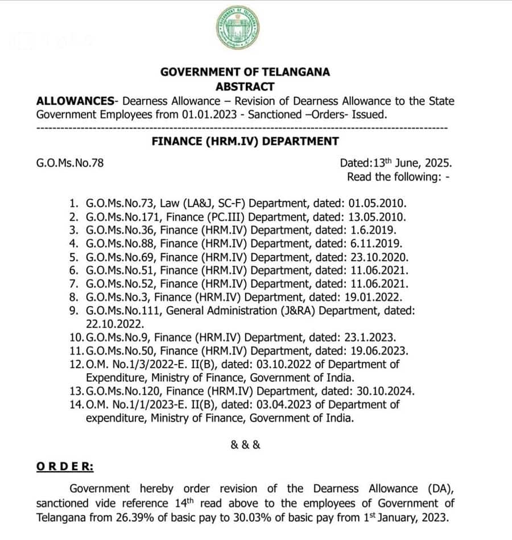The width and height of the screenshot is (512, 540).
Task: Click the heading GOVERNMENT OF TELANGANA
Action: tap(245, 72)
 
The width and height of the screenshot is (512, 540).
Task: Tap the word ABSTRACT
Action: tap(245, 87)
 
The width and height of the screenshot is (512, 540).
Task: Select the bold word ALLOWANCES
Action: tap(75, 101)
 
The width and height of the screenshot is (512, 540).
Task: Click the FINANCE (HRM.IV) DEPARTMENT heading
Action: tap(245, 141)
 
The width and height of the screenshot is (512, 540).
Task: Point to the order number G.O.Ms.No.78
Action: tap(70, 163)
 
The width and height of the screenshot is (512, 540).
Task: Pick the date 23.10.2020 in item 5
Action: tap(382, 257)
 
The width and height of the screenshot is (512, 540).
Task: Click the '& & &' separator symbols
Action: tap(246, 445)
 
